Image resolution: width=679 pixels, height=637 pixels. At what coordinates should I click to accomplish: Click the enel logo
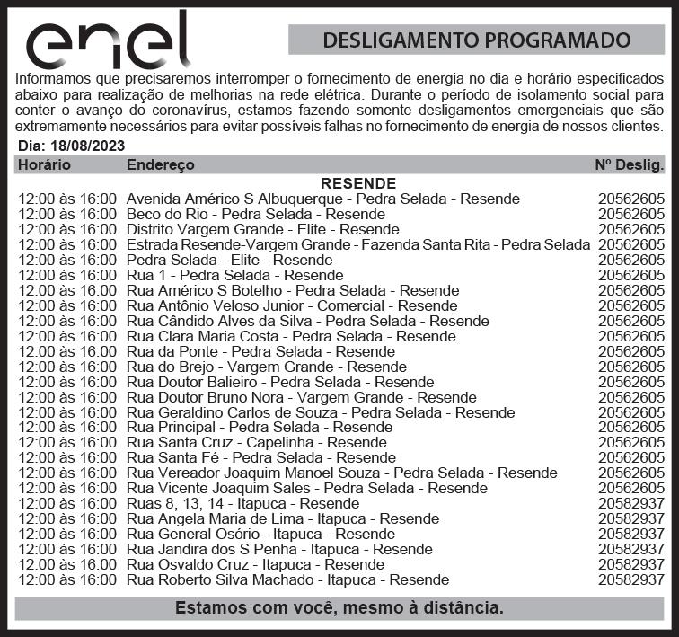coord(108,41)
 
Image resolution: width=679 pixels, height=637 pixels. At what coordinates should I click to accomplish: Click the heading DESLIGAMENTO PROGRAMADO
coord(476,40)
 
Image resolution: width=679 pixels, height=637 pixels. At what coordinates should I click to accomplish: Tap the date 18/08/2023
coord(87,146)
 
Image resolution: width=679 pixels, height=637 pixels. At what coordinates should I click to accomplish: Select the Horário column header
coord(44,165)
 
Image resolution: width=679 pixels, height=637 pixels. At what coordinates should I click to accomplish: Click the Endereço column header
coord(160,165)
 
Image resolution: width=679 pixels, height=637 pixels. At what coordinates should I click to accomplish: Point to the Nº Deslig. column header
coord(630,165)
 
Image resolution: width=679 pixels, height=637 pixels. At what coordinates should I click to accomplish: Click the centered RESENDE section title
coord(357,183)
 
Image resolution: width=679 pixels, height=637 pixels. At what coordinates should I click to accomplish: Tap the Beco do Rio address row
coord(256,214)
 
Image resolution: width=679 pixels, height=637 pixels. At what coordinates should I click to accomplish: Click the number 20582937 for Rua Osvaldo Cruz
coord(631,565)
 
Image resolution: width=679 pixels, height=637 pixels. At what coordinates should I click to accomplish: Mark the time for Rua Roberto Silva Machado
coord(67,580)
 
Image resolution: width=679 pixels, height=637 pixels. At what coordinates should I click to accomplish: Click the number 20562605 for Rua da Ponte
coord(631,351)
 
